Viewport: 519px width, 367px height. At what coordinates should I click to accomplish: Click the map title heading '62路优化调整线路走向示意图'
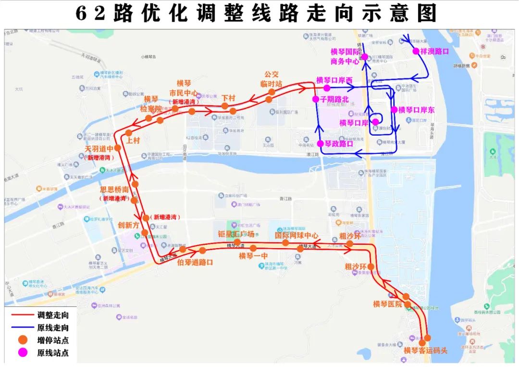click(x=256, y=13)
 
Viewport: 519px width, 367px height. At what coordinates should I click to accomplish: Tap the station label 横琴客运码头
click(x=425, y=350)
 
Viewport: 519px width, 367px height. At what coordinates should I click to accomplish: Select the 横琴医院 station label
click(x=387, y=304)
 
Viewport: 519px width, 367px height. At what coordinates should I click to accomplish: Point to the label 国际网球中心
click(x=297, y=236)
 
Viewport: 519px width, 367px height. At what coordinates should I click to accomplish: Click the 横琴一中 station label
click(x=253, y=256)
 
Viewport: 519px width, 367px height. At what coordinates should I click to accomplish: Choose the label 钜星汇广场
click(x=236, y=234)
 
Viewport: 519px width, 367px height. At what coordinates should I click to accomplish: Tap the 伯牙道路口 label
click(x=195, y=262)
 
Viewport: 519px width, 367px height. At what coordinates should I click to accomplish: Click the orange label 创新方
click(x=128, y=225)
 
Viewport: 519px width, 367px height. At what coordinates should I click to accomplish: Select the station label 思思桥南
click(x=114, y=189)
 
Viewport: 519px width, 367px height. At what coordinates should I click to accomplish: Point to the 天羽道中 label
click(x=99, y=149)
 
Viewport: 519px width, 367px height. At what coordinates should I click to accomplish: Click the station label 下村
click(x=229, y=98)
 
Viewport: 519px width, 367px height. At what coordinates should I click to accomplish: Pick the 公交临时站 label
click(x=272, y=79)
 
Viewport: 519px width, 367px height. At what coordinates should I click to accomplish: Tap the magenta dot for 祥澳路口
click(x=416, y=51)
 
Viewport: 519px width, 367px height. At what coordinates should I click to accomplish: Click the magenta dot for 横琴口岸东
click(x=394, y=110)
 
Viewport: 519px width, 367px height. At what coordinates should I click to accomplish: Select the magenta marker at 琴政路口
click(x=320, y=143)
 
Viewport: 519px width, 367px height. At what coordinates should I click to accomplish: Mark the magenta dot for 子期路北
click(x=315, y=99)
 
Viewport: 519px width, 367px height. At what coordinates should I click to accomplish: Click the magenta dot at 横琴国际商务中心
click(x=364, y=57)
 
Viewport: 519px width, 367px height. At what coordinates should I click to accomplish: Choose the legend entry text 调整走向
click(x=53, y=316)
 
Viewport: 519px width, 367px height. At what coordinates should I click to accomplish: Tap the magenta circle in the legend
click(x=20, y=353)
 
